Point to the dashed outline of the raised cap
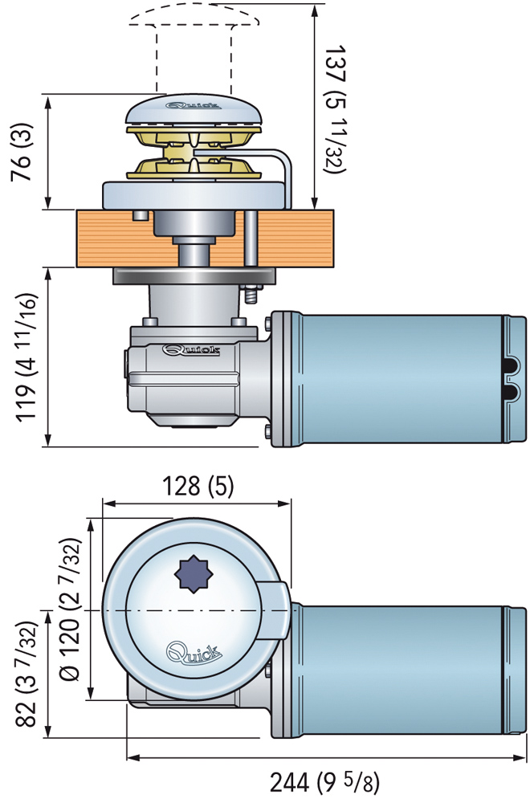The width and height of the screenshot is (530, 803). pyautogui.click(x=193, y=24)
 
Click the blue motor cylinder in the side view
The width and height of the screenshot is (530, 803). pyautogui.click(x=393, y=377)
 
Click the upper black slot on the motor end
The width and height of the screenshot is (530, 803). pyautogui.click(x=510, y=366)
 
